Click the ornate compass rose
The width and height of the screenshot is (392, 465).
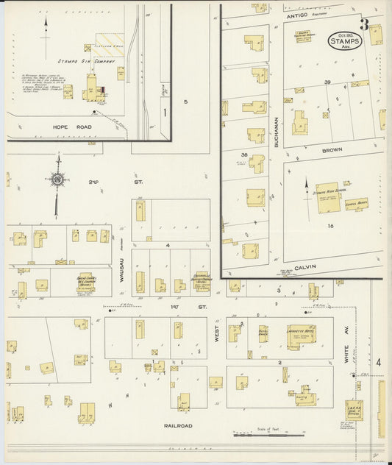click(57, 177)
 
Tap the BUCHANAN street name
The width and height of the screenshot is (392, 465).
click(277, 131)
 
